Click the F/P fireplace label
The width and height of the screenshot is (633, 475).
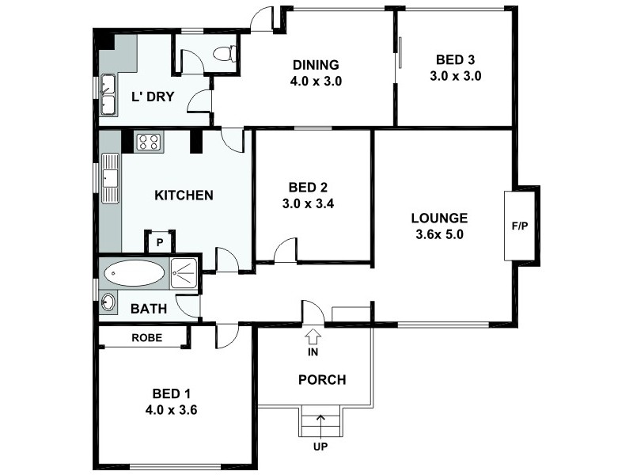pos(520,226)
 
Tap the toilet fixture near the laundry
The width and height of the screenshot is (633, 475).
pos(224,54)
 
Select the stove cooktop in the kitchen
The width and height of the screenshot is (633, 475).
pos(149,142)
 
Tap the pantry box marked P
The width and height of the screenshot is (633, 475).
pos(159,242)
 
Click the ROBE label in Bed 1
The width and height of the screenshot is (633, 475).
pos(146,336)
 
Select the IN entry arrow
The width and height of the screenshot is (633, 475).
pos(313,340)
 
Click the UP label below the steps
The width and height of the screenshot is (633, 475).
pos(320,446)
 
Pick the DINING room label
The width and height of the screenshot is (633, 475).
pos(316,65)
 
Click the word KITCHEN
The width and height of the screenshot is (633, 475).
pos(183,195)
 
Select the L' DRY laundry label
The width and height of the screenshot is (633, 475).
pos(153,97)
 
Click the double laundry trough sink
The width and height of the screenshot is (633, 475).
pos(108,94)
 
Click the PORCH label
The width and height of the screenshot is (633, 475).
pos(321,379)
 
